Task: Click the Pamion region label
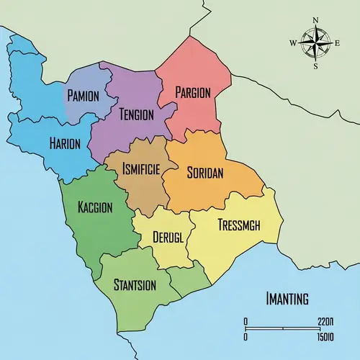(84, 96)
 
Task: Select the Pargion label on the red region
(193, 93)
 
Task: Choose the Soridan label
(205, 173)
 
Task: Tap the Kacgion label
(95, 207)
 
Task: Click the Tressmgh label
(238, 225)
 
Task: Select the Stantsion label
(135, 285)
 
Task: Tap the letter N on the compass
(315, 20)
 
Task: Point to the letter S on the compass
(315, 66)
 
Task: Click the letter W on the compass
(293, 43)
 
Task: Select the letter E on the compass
(337, 43)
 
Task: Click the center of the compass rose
(315, 43)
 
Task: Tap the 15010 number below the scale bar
(324, 336)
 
